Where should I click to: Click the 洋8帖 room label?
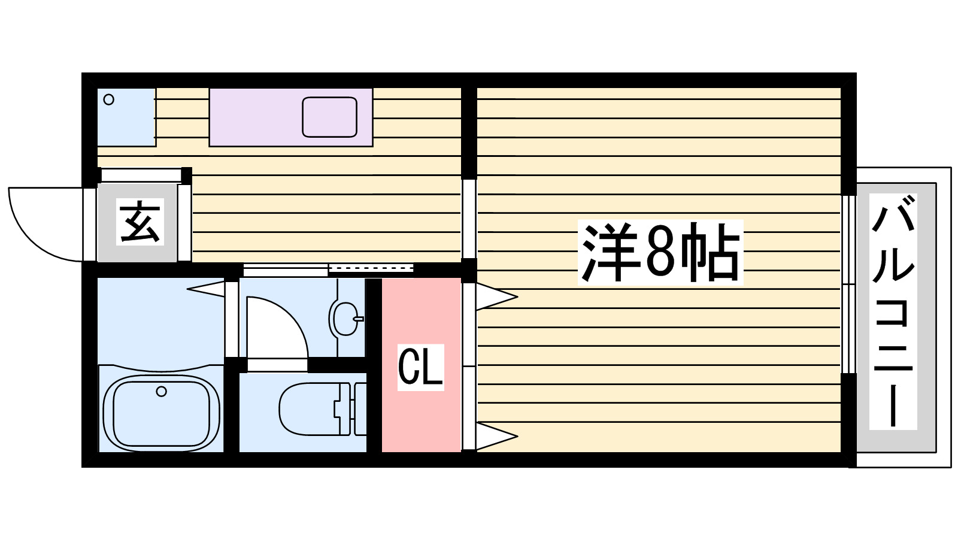coord(660,252)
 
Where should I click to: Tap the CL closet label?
coord(421,367)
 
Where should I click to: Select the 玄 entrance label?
coord(140,222)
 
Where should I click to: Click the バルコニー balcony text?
coord(893,311)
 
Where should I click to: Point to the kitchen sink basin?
coord(329,117)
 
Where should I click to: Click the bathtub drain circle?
coord(161,392)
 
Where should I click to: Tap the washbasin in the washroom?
coord(342,317)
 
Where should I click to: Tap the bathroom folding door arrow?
coord(207,289)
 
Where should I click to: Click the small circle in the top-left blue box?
coord(108,99)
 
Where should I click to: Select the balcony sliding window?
coord(848,284)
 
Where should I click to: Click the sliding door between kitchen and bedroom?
coord(469,219)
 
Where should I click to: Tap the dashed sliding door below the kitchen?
coord(371,268)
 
